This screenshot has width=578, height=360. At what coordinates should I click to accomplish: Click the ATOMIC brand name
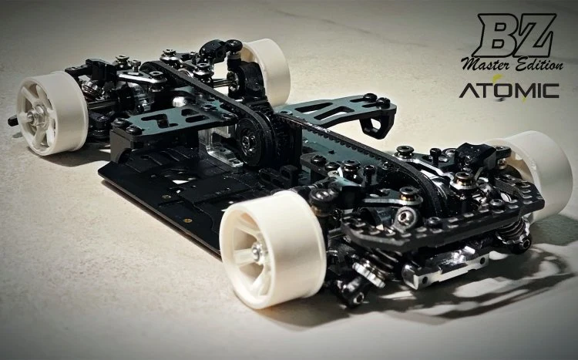pos(509,90)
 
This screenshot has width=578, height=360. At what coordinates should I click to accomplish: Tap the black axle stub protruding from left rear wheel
pos(13,121)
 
